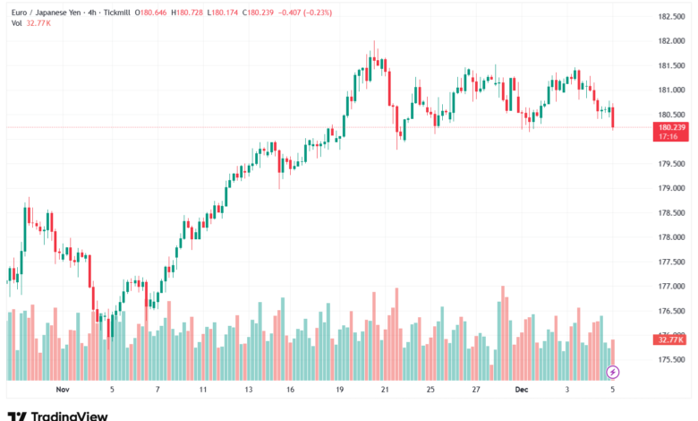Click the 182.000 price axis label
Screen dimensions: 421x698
pyautogui.click(x=671, y=41)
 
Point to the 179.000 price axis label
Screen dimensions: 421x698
pyautogui.click(x=671, y=188)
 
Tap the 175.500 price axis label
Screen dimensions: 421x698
pyautogui.click(x=671, y=360)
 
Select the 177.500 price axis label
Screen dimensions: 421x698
pyautogui.click(x=671, y=262)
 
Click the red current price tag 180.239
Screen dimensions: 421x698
pyautogui.click(x=671, y=127)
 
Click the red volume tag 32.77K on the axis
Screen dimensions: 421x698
pyautogui.click(x=670, y=339)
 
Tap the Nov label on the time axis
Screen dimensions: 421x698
pyautogui.click(x=62, y=390)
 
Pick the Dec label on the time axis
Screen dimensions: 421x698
pyautogui.click(x=521, y=390)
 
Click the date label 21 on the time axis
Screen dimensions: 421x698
pyautogui.click(x=385, y=390)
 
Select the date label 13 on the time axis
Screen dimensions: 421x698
pyautogui.click(x=248, y=390)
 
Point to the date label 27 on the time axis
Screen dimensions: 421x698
pyautogui.click(x=477, y=390)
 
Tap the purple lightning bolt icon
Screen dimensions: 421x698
pyautogui.click(x=613, y=372)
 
